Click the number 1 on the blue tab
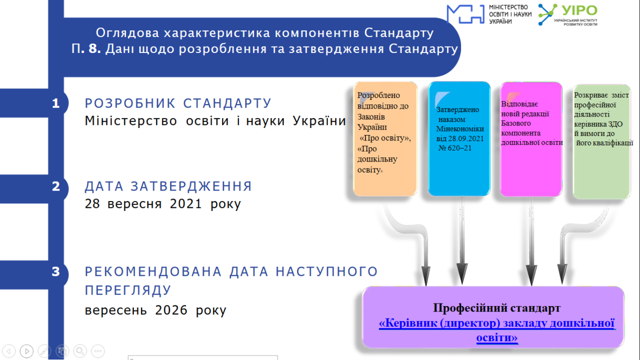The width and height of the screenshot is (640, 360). tap(55, 103)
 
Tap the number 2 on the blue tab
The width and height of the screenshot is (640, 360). tap(56, 186)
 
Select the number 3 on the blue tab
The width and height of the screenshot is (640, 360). tap(55, 271)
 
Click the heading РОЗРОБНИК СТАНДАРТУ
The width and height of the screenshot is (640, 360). tap(177, 103)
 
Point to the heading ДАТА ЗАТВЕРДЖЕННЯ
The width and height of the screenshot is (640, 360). tap(168, 186)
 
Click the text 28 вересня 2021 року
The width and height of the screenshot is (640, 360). tap(163, 204)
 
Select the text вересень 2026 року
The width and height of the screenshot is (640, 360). tap(155, 310)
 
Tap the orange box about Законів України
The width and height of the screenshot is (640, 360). tap(385, 139)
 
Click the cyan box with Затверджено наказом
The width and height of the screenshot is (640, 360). tap(459, 139)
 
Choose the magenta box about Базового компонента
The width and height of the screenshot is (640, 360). tap(531, 139)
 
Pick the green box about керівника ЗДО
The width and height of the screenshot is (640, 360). tap(601, 141)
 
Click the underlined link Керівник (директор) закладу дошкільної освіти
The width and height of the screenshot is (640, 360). tap(497, 330)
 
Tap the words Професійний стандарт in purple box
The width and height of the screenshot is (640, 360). tap(497, 308)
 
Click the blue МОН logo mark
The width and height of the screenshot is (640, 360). tap(465, 14)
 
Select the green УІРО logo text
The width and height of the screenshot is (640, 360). tap(579, 11)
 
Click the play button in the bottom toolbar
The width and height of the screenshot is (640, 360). tap(26, 351)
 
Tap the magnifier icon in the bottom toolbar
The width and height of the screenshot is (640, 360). tap(80, 351)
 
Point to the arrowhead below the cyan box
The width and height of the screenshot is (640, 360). tap(462, 273)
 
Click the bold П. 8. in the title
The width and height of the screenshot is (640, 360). tap(86, 48)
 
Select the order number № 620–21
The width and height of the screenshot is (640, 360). tap(455, 148)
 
